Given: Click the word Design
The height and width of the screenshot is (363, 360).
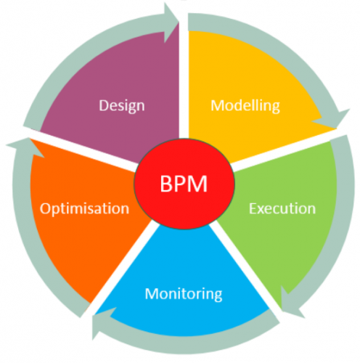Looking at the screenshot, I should pyautogui.click(x=122, y=105).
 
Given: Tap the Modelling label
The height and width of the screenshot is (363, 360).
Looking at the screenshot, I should pyautogui.click(x=245, y=105).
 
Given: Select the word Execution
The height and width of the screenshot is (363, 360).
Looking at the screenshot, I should pyautogui.click(x=282, y=209).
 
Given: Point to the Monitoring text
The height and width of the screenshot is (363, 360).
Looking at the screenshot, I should pyautogui.click(x=183, y=294).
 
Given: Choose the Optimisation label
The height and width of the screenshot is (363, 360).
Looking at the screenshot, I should pyautogui.click(x=85, y=209).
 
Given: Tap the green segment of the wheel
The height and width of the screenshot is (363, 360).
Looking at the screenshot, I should pyautogui.click(x=290, y=247).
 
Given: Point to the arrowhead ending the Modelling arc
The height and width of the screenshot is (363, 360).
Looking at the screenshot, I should pyautogui.click(x=339, y=122).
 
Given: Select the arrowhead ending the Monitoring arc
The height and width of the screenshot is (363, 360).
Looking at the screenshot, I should pyautogui.click(x=102, y=317).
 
